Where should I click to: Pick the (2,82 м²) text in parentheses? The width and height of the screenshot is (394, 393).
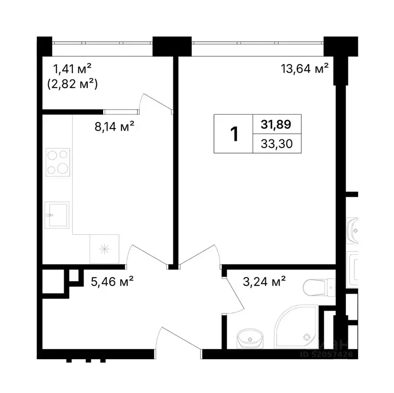coord(72,84)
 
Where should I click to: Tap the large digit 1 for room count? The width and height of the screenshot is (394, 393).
coord(234,134)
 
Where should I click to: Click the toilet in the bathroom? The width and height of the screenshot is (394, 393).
coord(319,287)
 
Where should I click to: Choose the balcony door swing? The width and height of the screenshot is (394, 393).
coord(156,102)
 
